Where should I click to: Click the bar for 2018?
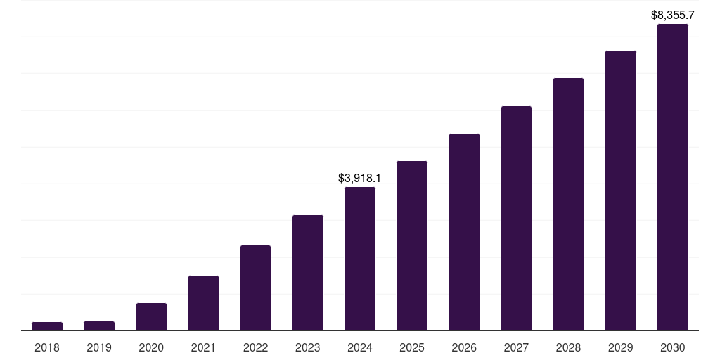(47, 326)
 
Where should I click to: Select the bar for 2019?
(99, 326)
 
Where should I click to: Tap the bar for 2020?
(151, 316)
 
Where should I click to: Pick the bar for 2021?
(203, 303)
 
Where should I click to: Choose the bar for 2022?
(255, 288)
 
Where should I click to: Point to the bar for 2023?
(308, 273)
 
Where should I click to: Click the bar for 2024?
(360, 259)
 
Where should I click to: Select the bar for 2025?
(412, 245)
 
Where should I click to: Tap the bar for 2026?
(464, 232)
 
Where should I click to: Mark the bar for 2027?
(516, 218)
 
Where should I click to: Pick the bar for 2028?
(568, 204)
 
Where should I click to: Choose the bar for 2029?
(620, 191)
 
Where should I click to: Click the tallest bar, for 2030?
(673, 177)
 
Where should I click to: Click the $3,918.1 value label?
(360, 179)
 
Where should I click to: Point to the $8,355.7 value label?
(673, 15)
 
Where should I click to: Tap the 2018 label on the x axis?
(47, 347)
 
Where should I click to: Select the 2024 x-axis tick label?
(360, 347)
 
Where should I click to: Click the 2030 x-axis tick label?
(673, 347)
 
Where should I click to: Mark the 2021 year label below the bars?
(203, 347)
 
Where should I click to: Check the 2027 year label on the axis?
(516, 347)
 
